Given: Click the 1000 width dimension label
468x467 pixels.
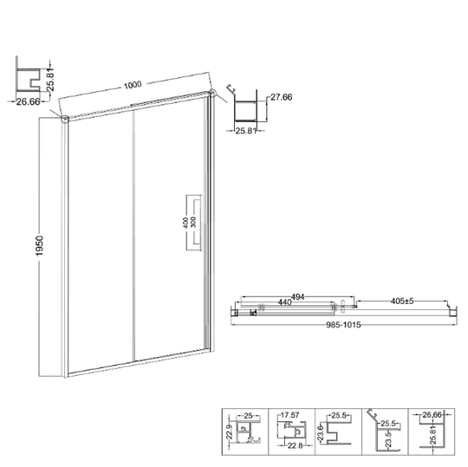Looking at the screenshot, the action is click(x=133, y=86).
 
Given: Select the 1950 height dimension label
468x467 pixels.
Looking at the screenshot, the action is click(x=39, y=245).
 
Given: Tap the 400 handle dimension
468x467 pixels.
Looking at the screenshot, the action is click(x=185, y=223).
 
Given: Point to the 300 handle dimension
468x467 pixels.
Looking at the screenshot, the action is click(x=193, y=223).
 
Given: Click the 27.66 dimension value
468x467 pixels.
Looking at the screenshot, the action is click(x=281, y=97).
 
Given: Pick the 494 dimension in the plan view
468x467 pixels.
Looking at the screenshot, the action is click(x=297, y=297).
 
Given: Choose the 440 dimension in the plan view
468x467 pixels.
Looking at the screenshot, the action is click(x=285, y=302).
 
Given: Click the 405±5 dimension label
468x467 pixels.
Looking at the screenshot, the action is click(x=402, y=302).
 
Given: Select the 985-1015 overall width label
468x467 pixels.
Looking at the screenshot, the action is click(x=343, y=325).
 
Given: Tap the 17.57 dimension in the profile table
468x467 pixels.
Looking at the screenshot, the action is click(x=289, y=415).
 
